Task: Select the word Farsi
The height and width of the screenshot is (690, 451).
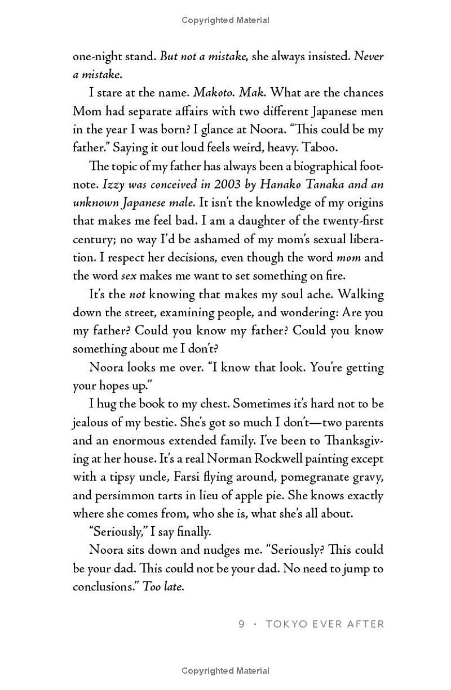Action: click(x=184, y=477)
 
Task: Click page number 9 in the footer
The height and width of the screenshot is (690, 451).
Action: click(x=241, y=624)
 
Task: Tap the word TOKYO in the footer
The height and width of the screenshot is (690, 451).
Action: click(x=284, y=624)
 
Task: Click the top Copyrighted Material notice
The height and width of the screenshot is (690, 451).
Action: click(x=225, y=20)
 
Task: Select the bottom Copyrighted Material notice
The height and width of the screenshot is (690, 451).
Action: click(x=225, y=670)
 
